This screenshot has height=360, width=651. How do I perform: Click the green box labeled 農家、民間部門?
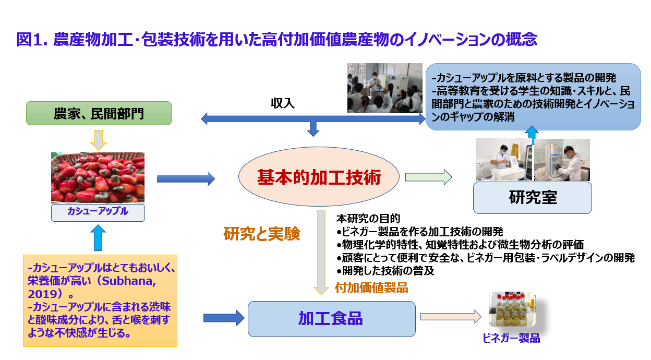pos(99,113)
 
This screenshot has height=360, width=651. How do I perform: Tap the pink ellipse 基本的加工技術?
pos(319,178)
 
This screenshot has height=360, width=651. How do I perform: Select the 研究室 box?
pos(532,198)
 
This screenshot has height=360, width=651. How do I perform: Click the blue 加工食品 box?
pos(331,318)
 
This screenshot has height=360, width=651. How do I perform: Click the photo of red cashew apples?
pos(98,177)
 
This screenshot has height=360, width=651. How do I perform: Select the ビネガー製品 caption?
pos(511,339)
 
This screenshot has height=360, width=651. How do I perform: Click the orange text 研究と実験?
pos(262,234)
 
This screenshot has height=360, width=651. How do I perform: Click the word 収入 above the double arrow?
pos(282,103)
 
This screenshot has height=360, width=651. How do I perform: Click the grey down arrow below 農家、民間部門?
pos(98,139)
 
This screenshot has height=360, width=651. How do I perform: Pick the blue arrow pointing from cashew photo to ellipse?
pos(186,179)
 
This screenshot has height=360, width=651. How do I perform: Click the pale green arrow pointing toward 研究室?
pos(428,177)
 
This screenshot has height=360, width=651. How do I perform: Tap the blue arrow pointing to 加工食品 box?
pos(223,317)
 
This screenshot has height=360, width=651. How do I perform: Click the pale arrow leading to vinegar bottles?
pos(450,316)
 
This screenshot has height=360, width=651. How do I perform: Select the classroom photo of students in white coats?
pos(384,88)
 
